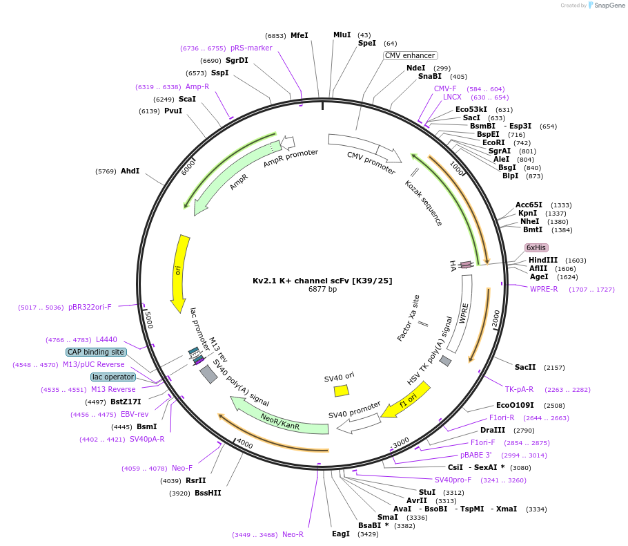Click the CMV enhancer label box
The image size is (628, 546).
tap(411, 55)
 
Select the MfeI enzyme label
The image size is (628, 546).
tap(300, 35)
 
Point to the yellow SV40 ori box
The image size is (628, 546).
tap(341, 390)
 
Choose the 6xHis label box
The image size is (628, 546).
tap(536, 247)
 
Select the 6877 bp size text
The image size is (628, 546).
tap(322, 290)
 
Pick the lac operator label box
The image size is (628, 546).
tap(113, 377)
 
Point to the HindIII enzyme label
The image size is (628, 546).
tap(542, 260)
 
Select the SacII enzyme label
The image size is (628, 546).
tap(525, 367)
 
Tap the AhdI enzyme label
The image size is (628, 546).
tap(130, 171)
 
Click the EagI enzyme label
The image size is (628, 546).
tap(341, 534)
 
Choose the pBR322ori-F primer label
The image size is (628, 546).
tap(90, 307)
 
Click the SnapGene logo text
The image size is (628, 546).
tap(607, 6)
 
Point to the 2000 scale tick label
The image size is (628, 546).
tap(495, 319)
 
